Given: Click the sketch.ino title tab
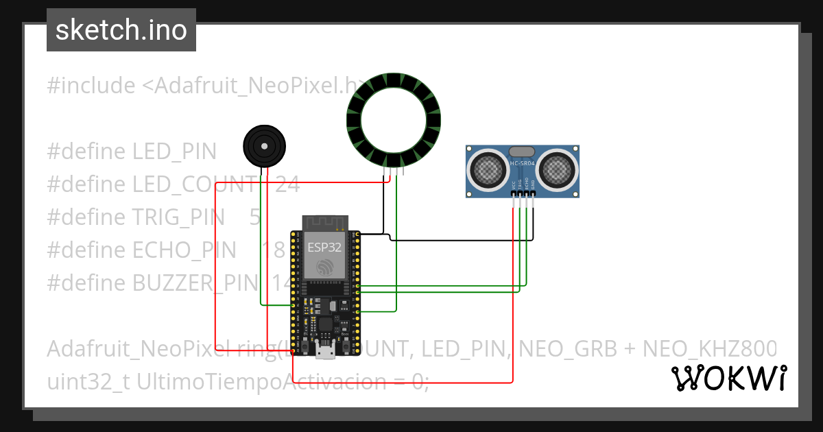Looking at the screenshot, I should (x=121, y=30).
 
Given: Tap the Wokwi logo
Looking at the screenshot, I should (x=728, y=378).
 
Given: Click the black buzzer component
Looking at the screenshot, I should (x=264, y=146).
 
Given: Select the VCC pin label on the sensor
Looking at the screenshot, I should (x=514, y=186).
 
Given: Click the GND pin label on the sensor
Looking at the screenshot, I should (x=534, y=186).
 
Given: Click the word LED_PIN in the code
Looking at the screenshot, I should (x=174, y=152).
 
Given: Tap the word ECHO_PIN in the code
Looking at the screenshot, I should (x=184, y=250).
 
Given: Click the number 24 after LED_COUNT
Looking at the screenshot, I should (x=287, y=184).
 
